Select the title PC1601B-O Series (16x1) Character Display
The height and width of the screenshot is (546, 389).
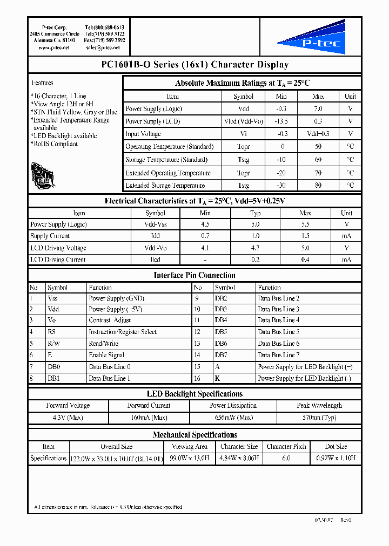tap(194, 65)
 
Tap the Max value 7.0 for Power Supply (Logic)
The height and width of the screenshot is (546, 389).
tap(318, 109)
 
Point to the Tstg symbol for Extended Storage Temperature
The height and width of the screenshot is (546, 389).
tap(243, 186)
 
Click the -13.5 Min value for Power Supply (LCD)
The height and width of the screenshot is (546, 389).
tap(281, 121)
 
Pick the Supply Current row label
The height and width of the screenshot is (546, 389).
tap(50, 236)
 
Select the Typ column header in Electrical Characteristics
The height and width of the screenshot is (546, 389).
tap(256, 213)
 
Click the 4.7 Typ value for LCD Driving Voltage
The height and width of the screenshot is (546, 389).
tap(256, 248)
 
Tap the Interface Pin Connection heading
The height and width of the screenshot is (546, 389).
tap(194, 275)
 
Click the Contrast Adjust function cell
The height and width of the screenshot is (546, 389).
tap(110, 320)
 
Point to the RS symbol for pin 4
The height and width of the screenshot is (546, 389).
tap(52, 332)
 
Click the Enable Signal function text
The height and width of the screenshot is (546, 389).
tap(106, 355)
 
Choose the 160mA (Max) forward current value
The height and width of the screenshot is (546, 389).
tap(149, 418)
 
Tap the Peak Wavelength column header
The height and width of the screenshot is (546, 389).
tap(319, 406)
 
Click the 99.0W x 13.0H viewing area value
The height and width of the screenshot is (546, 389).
tap(190, 458)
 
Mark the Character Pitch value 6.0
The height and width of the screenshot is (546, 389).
tap(286, 458)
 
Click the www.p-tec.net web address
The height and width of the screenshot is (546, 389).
tap(54, 48)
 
